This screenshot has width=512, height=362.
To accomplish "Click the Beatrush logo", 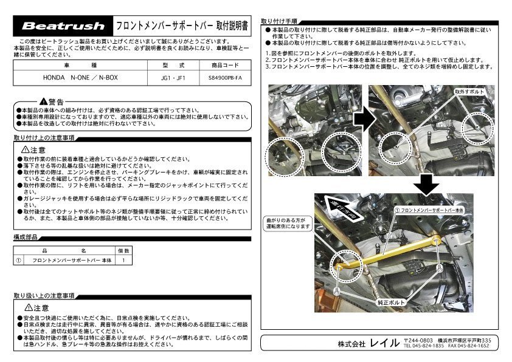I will pos(59,26).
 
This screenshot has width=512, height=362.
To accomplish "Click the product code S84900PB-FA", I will pos(224,78).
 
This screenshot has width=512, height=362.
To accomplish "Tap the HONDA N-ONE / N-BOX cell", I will pos(81,78).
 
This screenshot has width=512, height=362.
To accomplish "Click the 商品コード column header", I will pos(224,65).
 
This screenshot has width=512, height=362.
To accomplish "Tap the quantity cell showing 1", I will pos(123,260).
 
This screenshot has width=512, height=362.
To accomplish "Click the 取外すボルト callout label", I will pos(466,90).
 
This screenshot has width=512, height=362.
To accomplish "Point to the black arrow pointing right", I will pos(361,121).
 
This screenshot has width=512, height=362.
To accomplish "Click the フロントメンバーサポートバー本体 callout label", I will pos(432,208).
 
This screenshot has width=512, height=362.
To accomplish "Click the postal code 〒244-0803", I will pos(418,339).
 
